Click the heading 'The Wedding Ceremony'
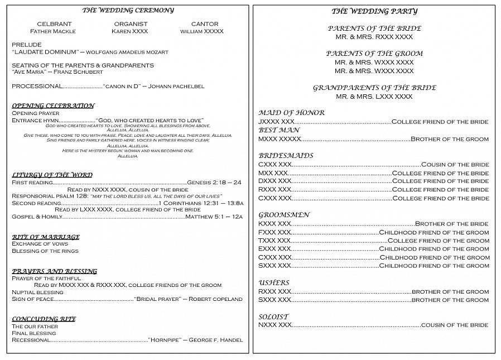click(x=128, y=10)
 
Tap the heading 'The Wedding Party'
click(x=374, y=11)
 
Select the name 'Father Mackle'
click(x=53, y=31)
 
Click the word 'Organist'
click(x=131, y=24)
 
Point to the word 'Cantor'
click(x=205, y=24)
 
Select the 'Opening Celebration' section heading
click(x=53, y=105)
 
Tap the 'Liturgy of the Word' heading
click(x=52, y=175)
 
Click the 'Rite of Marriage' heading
click(x=46, y=237)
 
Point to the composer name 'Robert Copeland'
click(x=215, y=299)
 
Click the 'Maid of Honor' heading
click(x=291, y=113)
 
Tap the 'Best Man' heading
click(x=279, y=130)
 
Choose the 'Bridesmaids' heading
click(x=286, y=156)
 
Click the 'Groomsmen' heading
click(x=284, y=215)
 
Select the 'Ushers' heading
click(x=274, y=283)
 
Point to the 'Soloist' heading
click(x=273, y=317)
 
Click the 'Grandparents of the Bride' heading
click(x=374, y=88)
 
